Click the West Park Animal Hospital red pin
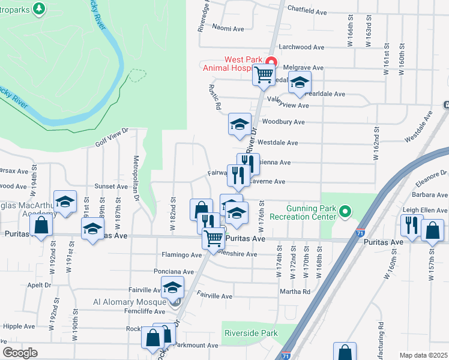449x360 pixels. tap(271, 62)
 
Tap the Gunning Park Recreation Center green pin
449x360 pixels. tap(345, 212)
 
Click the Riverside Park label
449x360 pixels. tap(251, 332)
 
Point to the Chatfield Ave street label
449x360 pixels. tap(307, 11)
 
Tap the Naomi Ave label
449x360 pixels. tap(228, 28)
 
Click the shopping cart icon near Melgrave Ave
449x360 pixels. tap(264, 75)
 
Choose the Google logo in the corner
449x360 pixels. tap(20, 352)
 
